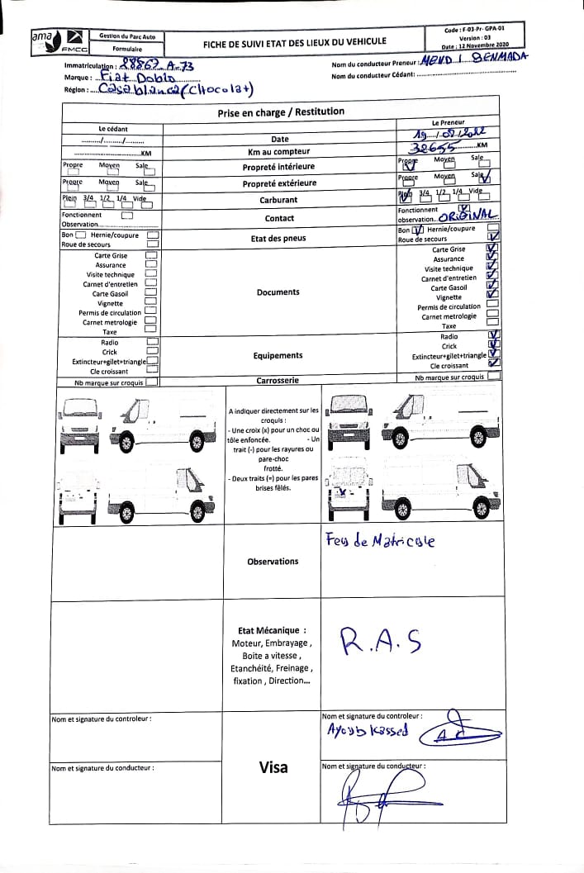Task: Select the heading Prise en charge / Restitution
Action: coord(280,111)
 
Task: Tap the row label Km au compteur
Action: coord(279,152)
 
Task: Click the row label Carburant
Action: coord(279,200)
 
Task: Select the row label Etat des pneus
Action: coord(278,239)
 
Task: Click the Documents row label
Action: coord(278,292)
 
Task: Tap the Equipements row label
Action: coord(278,355)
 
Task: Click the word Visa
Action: coord(273,767)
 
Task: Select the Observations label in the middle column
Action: coord(273,562)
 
